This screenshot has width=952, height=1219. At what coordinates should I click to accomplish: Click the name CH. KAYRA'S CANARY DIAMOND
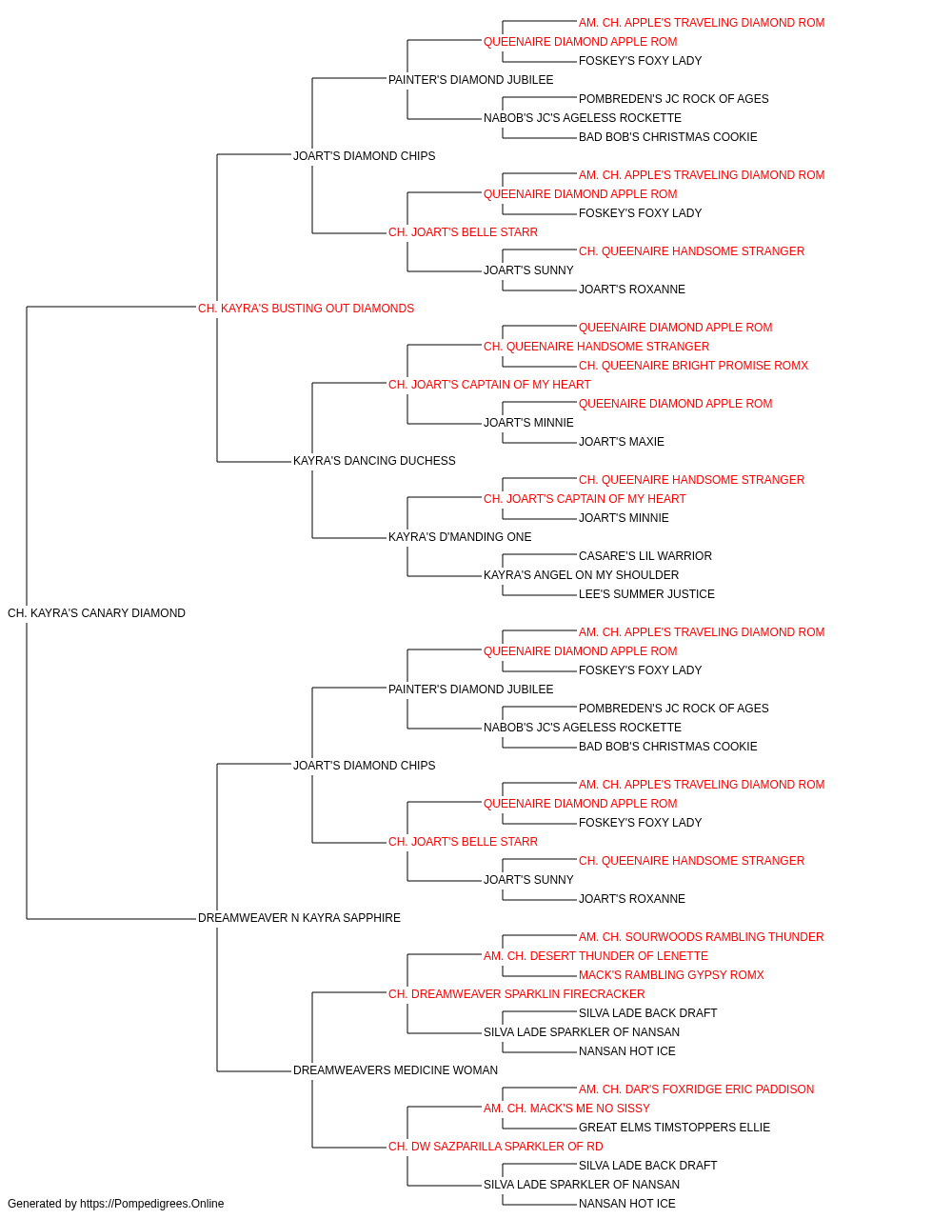pyautogui.click(x=96, y=613)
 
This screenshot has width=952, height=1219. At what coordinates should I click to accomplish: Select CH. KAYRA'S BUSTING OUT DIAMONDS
pyautogui.click(x=306, y=309)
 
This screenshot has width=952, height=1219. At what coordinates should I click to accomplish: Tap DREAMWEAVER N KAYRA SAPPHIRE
pyautogui.click(x=299, y=918)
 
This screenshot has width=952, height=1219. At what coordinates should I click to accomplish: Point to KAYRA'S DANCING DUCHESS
pyautogui.click(x=374, y=461)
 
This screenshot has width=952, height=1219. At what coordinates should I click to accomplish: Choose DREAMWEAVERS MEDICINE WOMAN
pyautogui.click(x=395, y=1070)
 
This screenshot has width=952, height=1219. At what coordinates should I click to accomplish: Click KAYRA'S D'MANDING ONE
pyautogui.click(x=460, y=537)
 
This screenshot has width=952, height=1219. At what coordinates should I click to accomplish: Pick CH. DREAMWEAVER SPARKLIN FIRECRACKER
pyautogui.click(x=516, y=994)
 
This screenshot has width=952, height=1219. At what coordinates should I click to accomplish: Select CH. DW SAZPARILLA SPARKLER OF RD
pyautogui.click(x=496, y=1147)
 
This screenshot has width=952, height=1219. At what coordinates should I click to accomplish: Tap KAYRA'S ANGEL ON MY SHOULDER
pyautogui.click(x=581, y=575)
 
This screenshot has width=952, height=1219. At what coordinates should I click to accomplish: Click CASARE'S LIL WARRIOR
pyautogui.click(x=645, y=556)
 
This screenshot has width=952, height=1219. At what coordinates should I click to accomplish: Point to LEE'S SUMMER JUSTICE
pyautogui.click(x=646, y=594)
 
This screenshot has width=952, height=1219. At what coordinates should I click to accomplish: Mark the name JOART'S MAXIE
pyautogui.click(x=622, y=442)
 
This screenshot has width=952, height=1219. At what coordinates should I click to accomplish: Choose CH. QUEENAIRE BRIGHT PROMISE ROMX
pyautogui.click(x=693, y=366)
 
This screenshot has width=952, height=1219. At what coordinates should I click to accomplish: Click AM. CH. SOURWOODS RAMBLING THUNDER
pyautogui.click(x=701, y=937)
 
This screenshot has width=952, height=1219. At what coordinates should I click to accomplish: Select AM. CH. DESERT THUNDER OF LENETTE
pyautogui.click(x=595, y=956)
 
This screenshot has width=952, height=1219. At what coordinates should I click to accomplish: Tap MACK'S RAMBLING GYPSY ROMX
pyautogui.click(x=671, y=975)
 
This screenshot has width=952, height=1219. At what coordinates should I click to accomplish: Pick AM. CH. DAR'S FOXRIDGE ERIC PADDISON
pyautogui.click(x=696, y=1089)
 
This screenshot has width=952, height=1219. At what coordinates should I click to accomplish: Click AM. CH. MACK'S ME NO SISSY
pyautogui.click(x=566, y=1109)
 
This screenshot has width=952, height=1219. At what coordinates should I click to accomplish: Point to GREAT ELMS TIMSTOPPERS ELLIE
pyautogui.click(x=674, y=1128)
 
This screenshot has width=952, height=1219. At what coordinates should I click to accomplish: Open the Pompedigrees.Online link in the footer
pyautogui.click(x=151, y=1204)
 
